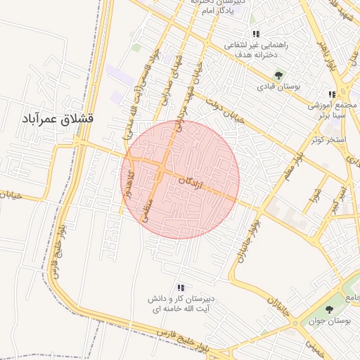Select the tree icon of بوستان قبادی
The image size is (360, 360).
(x=279, y=75)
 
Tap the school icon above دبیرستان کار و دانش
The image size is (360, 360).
(x=181, y=288)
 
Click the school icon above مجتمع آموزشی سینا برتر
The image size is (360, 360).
(x=332, y=94)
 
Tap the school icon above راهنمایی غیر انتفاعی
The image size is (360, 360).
(x=257, y=34)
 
